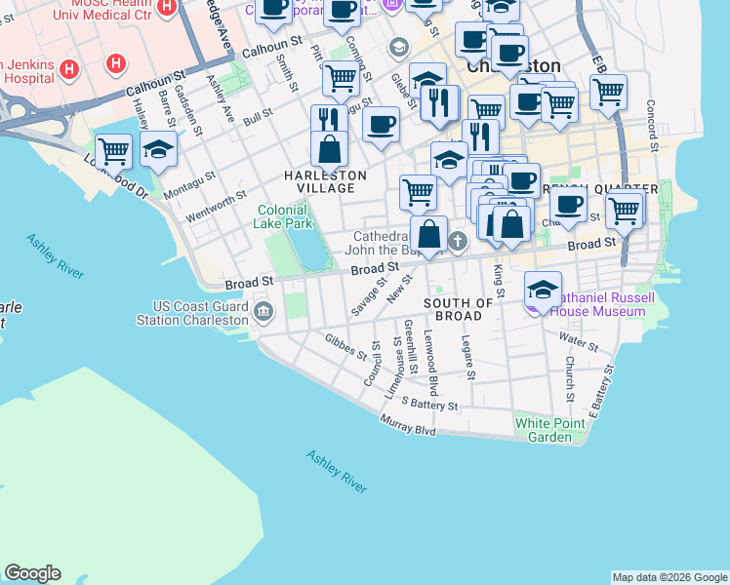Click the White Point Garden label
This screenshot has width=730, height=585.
click(x=544, y=430)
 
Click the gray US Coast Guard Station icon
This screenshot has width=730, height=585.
click(x=264, y=312)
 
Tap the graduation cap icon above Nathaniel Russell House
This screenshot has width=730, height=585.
click(x=544, y=289)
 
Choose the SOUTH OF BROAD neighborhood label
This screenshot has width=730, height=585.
click(x=459, y=310)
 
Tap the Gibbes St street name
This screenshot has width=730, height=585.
click(x=345, y=346)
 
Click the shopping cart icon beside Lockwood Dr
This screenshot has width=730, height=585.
click(x=114, y=151)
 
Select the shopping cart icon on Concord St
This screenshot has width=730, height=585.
click(x=608, y=92)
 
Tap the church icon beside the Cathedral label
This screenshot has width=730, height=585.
click(x=458, y=239)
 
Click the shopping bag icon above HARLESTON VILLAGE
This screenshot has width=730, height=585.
click(x=330, y=149)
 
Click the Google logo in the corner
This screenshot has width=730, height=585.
click(x=32, y=573)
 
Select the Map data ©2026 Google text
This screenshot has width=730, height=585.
click(x=669, y=577)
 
